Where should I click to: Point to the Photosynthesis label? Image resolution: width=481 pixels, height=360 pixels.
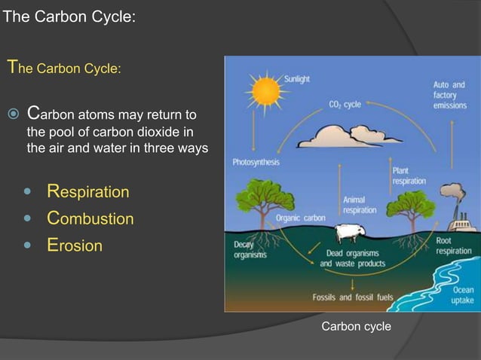tap(255, 162)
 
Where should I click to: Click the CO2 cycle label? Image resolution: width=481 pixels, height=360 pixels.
tap(345, 105)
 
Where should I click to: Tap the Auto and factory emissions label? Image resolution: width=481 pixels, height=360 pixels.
tap(449, 96)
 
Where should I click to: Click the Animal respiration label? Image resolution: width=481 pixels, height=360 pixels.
tap(360, 205)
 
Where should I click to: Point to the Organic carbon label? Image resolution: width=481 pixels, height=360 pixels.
tap(300, 218)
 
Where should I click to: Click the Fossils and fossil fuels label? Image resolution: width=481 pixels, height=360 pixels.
tap(353, 297)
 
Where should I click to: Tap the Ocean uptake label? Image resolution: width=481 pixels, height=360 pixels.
tap(462, 295)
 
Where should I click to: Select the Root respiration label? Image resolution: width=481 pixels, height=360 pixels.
tap(453, 246)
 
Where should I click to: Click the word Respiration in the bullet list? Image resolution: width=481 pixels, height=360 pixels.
tap(87, 192)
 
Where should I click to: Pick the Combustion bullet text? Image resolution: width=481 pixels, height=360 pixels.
tap(90, 219)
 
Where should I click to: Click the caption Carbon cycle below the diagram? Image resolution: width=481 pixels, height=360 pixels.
tap(356, 326)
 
